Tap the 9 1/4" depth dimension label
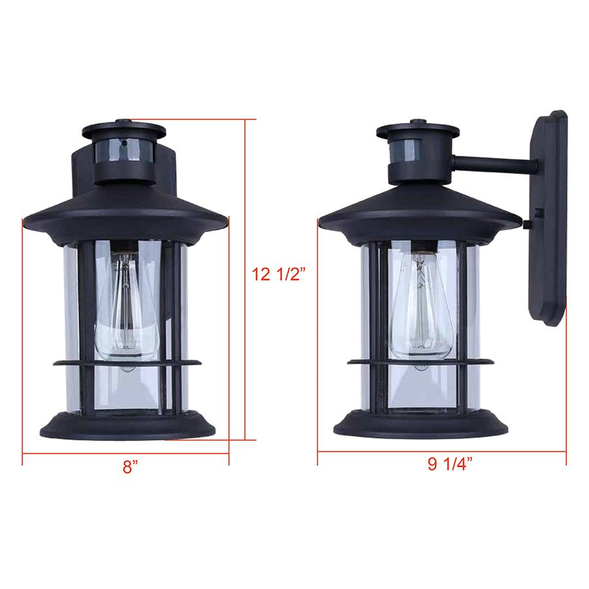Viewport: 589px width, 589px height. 450,465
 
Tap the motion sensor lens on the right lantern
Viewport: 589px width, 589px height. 418,151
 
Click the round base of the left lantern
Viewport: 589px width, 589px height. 128,425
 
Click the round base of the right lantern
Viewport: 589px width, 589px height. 421,425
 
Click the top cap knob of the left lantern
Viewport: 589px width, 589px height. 124,122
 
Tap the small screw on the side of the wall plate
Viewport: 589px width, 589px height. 527,224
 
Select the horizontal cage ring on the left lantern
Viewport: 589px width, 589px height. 128,362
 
